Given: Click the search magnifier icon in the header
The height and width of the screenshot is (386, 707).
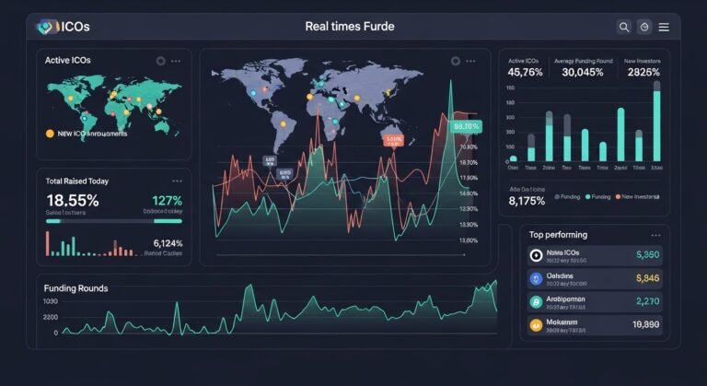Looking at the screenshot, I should (x=624, y=28).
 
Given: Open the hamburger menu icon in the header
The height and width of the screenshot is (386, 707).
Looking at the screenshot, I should (x=664, y=28).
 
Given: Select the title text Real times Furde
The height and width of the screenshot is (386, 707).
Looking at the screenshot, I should (x=349, y=27).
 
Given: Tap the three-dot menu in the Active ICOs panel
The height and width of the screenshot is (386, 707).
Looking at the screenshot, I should (x=176, y=61).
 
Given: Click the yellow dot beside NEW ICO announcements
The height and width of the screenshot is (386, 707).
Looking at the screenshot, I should (x=50, y=134).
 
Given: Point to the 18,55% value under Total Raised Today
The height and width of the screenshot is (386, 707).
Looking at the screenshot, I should (x=72, y=200).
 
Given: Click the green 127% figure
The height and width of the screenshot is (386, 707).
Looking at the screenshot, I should (x=167, y=201).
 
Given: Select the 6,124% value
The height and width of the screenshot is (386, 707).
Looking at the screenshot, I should (x=168, y=243).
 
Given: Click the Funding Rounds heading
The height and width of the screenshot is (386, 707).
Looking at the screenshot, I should (x=75, y=288).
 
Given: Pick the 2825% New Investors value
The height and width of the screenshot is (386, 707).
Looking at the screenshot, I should (x=642, y=72).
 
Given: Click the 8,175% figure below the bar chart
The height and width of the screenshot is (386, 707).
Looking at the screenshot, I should (x=527, y=201).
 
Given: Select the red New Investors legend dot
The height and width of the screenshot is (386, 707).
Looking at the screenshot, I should (x=618, y=196).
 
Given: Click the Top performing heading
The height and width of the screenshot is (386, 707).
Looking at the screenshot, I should (x=558, y=235).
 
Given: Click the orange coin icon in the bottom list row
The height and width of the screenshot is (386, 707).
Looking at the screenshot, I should (x=535, y=324).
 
